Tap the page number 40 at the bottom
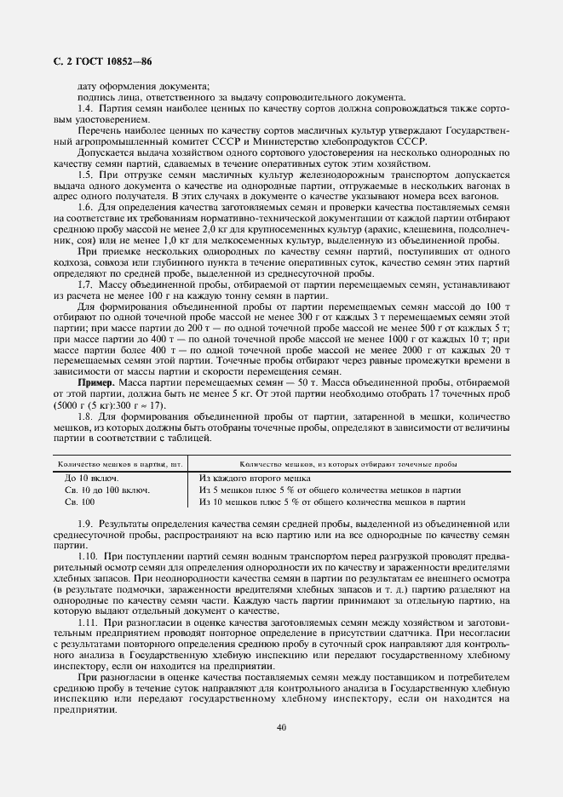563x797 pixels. coord(281,726)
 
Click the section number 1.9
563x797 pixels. coord(85,522)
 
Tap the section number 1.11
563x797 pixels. coord(88,624)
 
